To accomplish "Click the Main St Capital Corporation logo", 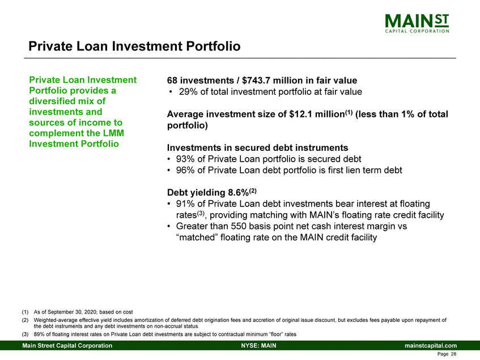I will (417, 24).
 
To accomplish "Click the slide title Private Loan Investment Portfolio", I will (135, 45).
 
